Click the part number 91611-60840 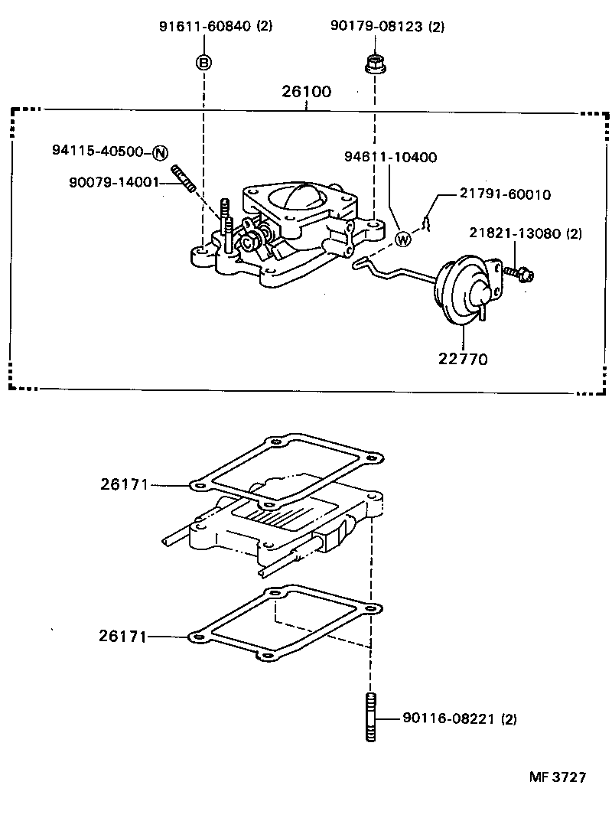click(205, 26)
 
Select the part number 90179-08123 click(378, 26)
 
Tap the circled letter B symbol click(204, 62)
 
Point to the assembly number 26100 click(306, 92)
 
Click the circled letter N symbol click(159, 151)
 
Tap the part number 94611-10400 click(390, 158)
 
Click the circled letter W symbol click(402, 239)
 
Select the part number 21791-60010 click(505, 194)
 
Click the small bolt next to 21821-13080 click(522, 273)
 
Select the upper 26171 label click(124, 484)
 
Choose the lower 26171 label click(124, 636)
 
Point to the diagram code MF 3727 click(557, 777)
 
